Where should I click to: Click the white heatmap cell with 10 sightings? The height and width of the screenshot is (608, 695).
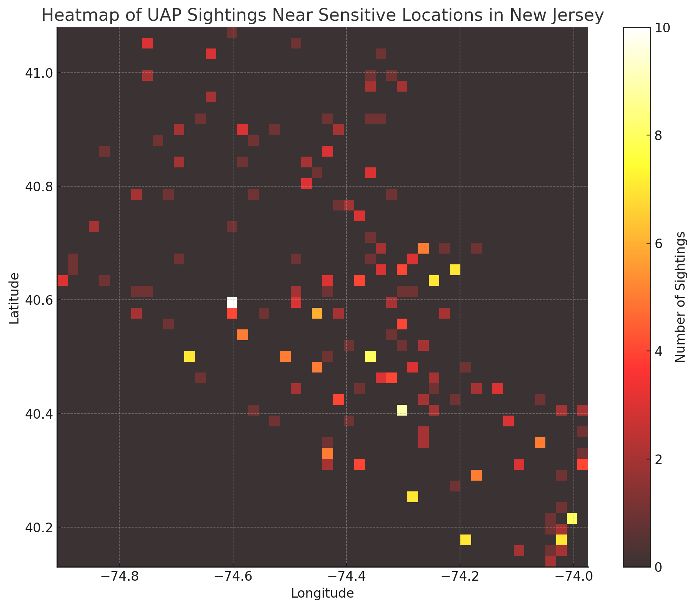[232, 302]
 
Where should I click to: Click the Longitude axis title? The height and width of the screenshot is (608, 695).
[322, 593]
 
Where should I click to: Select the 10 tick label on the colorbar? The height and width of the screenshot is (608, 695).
[662, 28]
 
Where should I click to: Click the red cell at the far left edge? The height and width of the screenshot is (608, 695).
[62, 281]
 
